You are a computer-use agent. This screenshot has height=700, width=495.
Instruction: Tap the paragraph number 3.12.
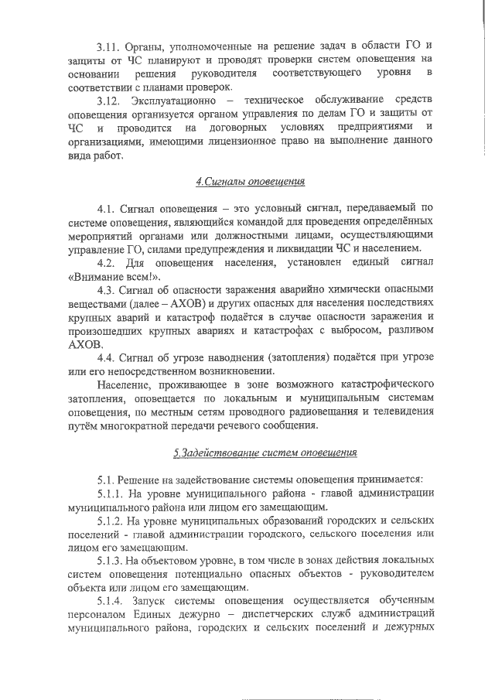coord(108,101)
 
